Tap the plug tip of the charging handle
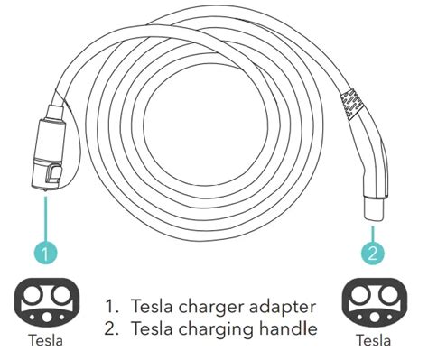(372, 209)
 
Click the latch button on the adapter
(55, 171)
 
